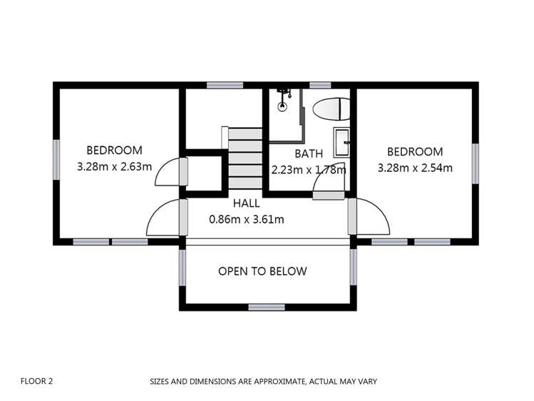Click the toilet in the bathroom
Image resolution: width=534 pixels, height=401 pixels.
point(332,109)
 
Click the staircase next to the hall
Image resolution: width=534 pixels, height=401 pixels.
point(245,158)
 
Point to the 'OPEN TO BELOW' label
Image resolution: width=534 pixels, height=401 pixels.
point(262,271)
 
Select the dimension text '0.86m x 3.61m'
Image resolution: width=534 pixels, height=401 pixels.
point(246,219)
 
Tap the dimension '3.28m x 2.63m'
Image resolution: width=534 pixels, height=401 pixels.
point(114,167)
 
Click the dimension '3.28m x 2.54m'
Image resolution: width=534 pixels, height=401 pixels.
point(414,168)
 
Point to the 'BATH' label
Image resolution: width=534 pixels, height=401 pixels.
point(309,153)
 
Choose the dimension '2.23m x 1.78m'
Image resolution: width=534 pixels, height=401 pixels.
point(309,170)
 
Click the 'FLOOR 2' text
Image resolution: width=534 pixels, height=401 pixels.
point(37,381)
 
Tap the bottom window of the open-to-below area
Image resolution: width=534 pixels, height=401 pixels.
point(267,307)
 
